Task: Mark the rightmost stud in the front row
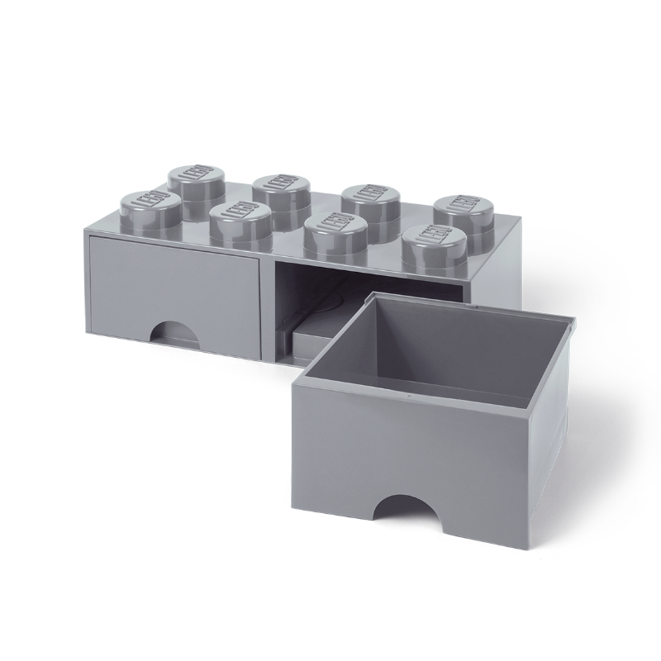pyautogui.click(x=435, y=249)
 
